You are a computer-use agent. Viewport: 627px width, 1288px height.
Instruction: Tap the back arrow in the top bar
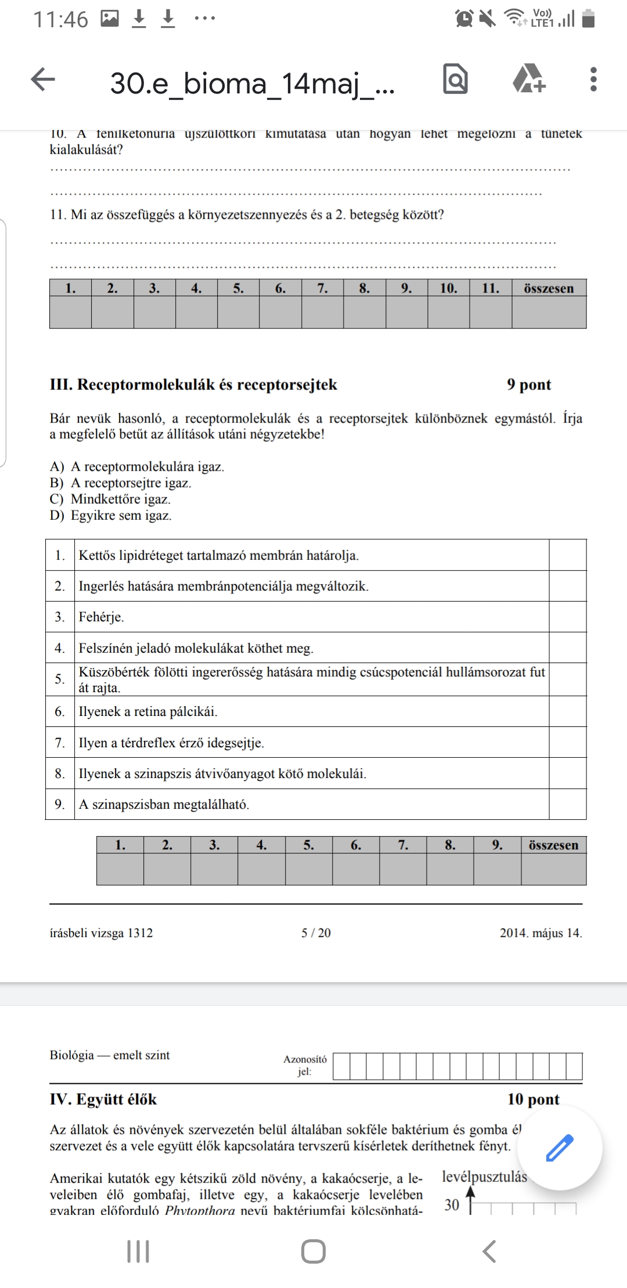click(43, 79)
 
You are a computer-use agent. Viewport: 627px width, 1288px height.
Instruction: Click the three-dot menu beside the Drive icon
click(593, 79)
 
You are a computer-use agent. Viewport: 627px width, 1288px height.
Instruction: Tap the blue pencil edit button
click(560, 1148)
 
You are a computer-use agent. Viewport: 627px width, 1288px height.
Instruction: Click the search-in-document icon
click(455, 79)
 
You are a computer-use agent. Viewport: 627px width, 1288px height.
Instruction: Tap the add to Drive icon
click(529, 79)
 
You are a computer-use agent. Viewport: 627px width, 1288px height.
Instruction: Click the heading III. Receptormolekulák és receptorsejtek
click(193, 385)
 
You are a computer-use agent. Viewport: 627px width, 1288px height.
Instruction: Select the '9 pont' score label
click(529, 385)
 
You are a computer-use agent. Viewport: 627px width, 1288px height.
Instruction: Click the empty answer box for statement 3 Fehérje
click(567, 617)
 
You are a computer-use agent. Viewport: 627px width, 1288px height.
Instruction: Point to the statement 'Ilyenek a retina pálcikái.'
click(148, 712)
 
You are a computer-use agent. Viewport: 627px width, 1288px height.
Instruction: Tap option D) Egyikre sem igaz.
click(111, 516)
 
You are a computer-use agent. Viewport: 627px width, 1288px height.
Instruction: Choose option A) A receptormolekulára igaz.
click(137, 466)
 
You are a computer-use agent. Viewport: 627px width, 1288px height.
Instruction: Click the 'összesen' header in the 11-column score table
click(549, 288)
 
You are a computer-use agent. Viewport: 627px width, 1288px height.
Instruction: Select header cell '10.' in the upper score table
click(448, 288)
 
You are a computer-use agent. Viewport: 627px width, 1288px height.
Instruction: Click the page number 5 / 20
click(316, 933)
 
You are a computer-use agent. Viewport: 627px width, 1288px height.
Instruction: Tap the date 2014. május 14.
click(540, 933)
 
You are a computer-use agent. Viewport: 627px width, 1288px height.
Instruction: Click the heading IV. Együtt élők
click(103, 1099)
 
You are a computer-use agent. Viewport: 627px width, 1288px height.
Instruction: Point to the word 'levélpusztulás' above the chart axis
click(484, 1177)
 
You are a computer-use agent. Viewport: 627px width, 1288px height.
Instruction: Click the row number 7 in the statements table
click(60, 743)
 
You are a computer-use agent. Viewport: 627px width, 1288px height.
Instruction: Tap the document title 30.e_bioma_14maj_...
click(253, 83)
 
